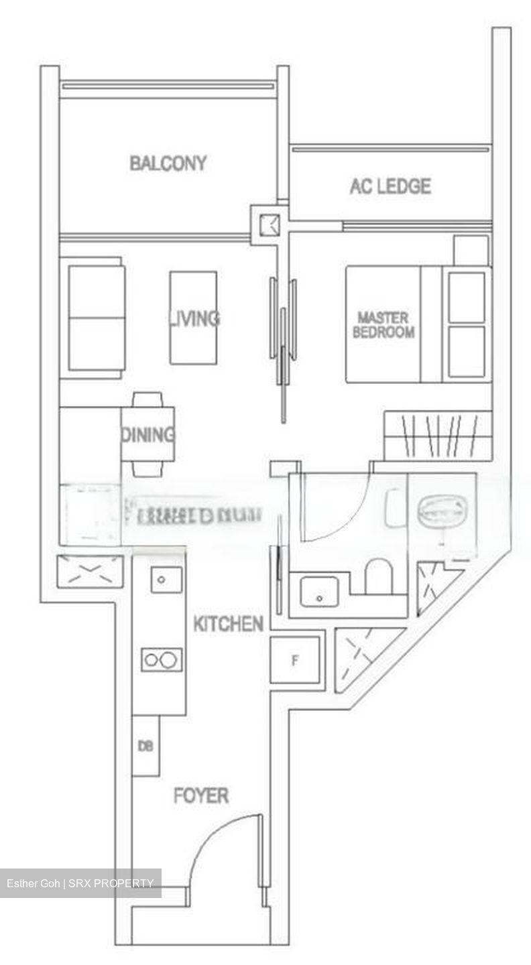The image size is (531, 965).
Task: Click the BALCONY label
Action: click(168, 164)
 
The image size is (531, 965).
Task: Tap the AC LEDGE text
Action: click(390, 186)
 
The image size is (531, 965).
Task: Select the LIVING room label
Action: click(194, 318)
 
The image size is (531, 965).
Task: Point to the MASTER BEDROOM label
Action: click(383, 324)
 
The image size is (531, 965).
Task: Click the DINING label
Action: click(147, 435)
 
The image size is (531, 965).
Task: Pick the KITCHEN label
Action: click(228, 625)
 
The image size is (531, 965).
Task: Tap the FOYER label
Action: click(201, 796)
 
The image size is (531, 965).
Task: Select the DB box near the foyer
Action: click(145, 746)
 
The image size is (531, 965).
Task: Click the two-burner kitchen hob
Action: click(162, 660)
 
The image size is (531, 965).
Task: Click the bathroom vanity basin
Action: click(319, 591)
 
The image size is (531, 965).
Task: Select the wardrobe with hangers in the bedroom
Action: click(438, 436)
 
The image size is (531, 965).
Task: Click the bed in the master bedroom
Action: click(418, 324)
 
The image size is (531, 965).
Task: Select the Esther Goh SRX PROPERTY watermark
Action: click(80, 883)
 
